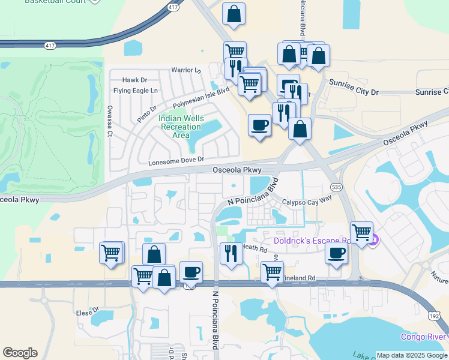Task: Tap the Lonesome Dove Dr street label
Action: [x=176, y=161]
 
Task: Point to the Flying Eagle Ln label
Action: [x=135, y=91]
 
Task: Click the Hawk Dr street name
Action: [x=134, y=80]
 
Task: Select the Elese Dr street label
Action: [x=88, y=312]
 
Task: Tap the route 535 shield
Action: [x=337, y=187]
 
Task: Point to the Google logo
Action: [x=20, y=353]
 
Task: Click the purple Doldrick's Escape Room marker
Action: [x=373, y=241]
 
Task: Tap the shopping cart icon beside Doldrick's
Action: [x=361, y=232]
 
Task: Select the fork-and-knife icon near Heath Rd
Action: [x=231, y=253]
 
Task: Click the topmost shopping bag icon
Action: [x=234, y=13]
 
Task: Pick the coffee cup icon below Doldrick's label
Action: [x=336, y=253]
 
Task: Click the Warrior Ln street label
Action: [x=185, y=70]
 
